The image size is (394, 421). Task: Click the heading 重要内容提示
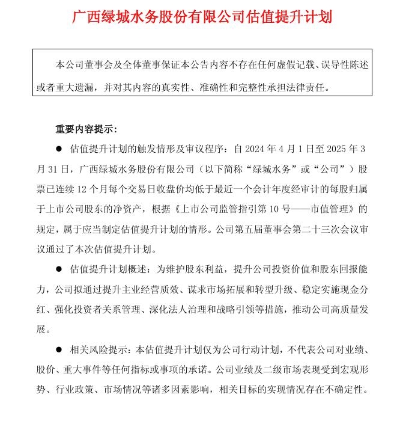pos(86,129)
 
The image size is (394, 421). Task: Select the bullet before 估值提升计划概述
pos(59,269)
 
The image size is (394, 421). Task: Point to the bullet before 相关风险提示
pos(59,349)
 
